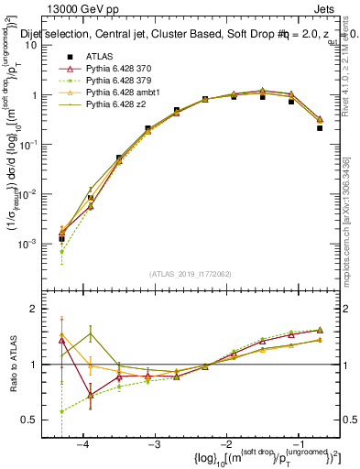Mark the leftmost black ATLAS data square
61,238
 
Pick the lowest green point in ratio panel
61,411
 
